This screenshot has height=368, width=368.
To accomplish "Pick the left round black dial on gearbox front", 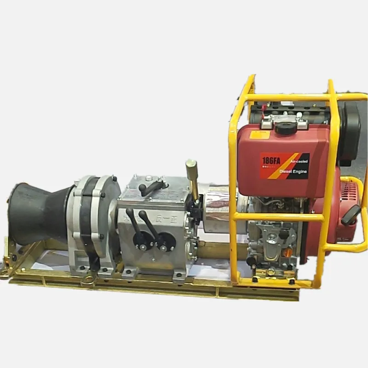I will click(x=141, y=239).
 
